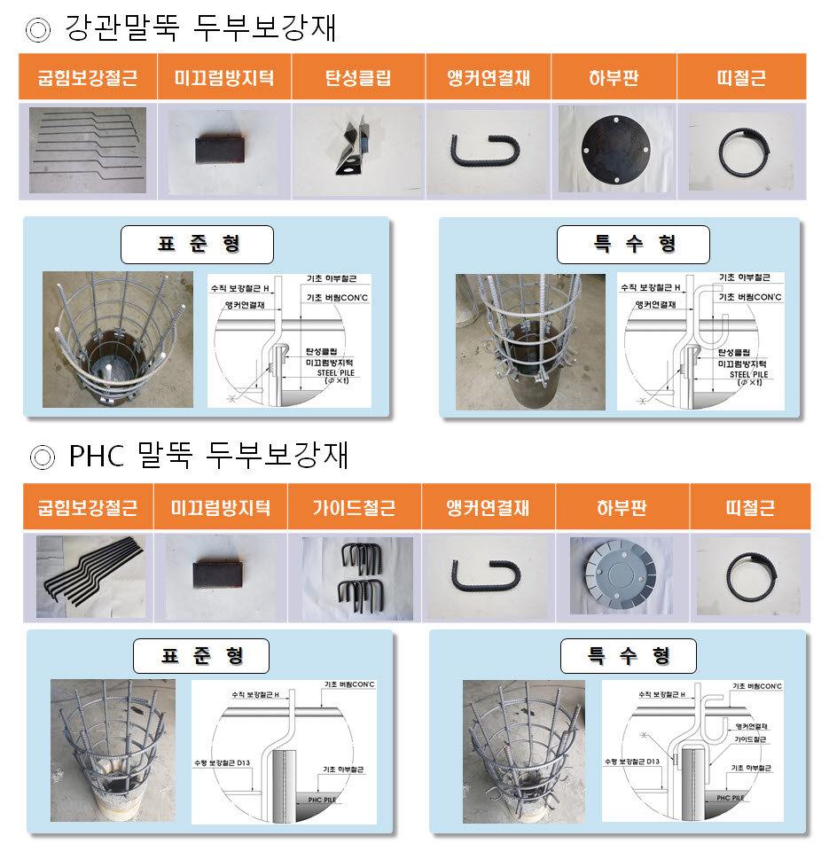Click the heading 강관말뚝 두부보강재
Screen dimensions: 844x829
coord(200,28)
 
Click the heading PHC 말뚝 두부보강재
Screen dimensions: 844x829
coord(208,456)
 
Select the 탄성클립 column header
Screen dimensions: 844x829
coord(357,77)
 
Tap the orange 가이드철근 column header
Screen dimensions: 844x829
coord(354,508)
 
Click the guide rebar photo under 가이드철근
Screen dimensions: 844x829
coord(356,577)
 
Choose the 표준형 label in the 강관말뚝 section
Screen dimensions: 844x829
coord(197,245)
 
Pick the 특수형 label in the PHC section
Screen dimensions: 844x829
coord(628,656)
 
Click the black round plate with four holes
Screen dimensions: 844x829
coord(614,149)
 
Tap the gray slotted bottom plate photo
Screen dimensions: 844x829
coord(621,575)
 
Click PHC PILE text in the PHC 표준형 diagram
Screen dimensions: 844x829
coord(322,801)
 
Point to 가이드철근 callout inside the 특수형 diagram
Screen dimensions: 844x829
coord(750,737)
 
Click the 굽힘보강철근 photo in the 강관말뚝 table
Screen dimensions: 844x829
coord(87,150)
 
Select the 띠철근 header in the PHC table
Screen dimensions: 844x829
coord(749,508)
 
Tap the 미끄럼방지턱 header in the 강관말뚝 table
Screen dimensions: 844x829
coord(224,77)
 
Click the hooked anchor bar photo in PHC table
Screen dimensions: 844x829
coord(488,575)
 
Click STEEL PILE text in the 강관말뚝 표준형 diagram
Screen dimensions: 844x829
coord(322,373)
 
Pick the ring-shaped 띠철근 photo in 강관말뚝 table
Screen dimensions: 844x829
coord(740,152)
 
